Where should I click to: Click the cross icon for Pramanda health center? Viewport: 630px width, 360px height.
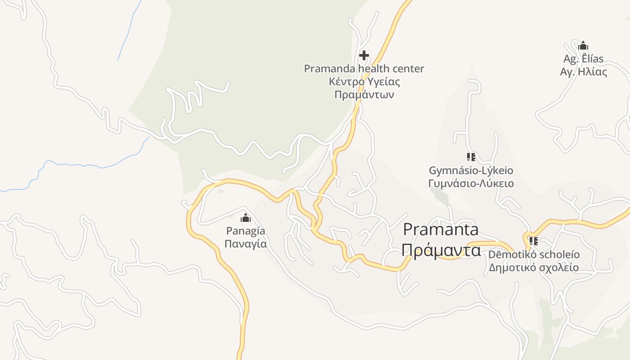(x=364, y=55)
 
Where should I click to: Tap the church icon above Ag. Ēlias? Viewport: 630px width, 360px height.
(x=583, y=46)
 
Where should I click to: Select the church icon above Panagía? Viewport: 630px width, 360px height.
(x=246, y=218)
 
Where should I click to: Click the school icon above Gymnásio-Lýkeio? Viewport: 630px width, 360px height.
(x=471, y=157)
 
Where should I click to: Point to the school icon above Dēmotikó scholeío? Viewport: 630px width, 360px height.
(x=534, y=241)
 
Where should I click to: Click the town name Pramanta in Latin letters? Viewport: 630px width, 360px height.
(x=441, y=229)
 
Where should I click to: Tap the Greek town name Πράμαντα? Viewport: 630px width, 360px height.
(x=441, y=250)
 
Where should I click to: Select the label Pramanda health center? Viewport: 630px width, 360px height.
(x=364, y=69)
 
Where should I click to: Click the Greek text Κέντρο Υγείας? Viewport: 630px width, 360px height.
(x=364, y=82)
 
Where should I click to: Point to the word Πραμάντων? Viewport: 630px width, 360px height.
(x=364, y=95)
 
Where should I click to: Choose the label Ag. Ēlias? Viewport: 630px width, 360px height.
(x=583, y=59)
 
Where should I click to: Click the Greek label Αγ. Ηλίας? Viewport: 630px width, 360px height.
(x=583, y=72)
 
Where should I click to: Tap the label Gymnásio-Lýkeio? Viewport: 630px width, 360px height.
(x=471, y=171)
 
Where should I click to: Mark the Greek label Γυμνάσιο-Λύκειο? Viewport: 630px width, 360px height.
(x=471, y=184)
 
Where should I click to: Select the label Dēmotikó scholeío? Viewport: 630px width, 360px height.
(x=534, y=255)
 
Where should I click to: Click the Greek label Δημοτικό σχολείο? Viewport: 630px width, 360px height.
(x=534, y=268)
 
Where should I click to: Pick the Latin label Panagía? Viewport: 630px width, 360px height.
(x=246, y=231)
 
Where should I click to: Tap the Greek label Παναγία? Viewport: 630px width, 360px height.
(x=246, y=244)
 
